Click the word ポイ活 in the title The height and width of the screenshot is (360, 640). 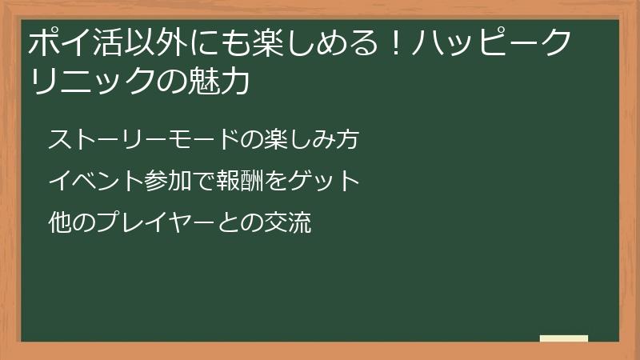74,43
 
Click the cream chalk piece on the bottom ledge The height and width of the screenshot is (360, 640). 564,338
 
